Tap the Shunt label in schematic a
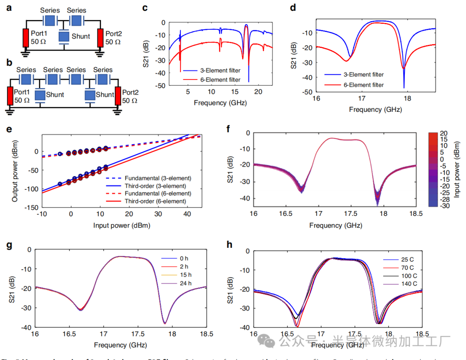81,36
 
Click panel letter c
145,8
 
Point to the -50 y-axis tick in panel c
161,86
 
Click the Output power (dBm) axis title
15,173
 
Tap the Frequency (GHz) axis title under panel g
120,345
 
